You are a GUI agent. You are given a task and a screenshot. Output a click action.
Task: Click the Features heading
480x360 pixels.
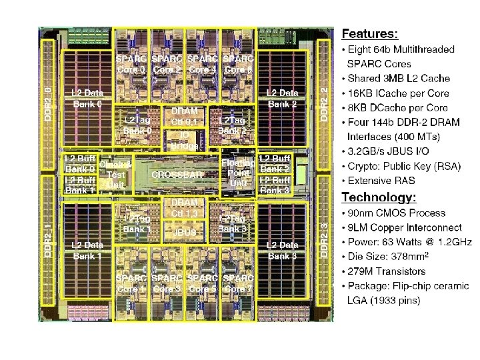(370, 32)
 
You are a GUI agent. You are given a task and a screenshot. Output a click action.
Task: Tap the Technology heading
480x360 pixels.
(379, 197)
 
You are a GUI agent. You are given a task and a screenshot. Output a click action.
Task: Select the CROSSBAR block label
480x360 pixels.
(177, 174)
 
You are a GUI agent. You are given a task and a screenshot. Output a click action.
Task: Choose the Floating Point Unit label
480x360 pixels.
(238, 173)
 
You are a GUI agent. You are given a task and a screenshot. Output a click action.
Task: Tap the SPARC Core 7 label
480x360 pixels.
(238, 283)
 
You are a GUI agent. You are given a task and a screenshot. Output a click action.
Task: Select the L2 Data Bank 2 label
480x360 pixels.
(283, 98)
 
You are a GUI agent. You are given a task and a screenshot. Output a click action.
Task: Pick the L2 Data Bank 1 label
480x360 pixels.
(87, 250)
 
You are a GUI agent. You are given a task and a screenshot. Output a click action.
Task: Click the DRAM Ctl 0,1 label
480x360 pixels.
(185, 116)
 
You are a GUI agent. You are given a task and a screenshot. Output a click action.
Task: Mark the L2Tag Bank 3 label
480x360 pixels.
(233, 223)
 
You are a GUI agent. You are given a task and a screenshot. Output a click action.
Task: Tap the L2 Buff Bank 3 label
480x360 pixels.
(275, 185)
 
